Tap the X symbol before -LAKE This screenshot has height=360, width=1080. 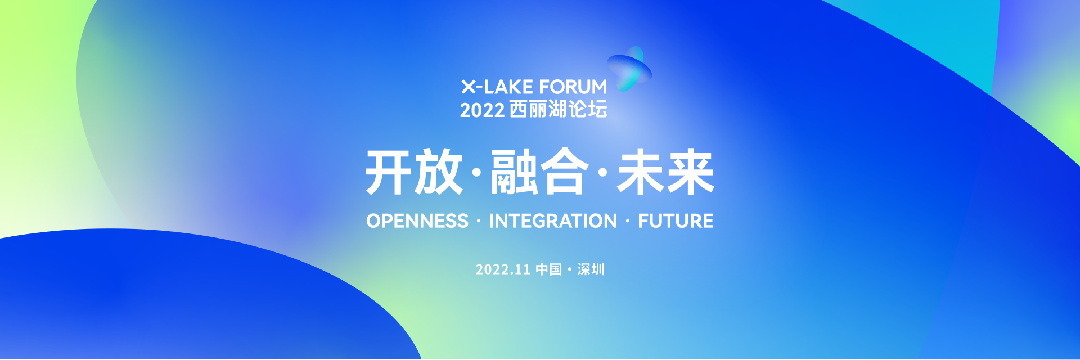(468, 87)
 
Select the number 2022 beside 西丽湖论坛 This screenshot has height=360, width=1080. (482, 110)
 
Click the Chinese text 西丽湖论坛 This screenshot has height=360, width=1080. (558, 110)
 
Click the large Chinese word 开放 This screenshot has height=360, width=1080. (414, 172)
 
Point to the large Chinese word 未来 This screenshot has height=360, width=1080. (665, 172)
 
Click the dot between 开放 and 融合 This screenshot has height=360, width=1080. (477, 173)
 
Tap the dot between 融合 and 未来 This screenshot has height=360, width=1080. (603, 173)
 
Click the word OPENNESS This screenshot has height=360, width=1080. (417, 221)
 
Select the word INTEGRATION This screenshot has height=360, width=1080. (553, 221)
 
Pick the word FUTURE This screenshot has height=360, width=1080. (676, 221)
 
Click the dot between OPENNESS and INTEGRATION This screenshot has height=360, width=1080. (479, 222)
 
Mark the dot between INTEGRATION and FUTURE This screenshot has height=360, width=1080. (628, 222)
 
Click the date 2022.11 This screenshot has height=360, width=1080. (503, 269)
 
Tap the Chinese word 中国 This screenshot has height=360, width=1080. (548, 269)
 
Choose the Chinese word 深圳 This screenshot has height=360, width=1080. (591, 269)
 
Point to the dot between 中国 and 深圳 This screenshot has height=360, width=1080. (570, 270)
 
